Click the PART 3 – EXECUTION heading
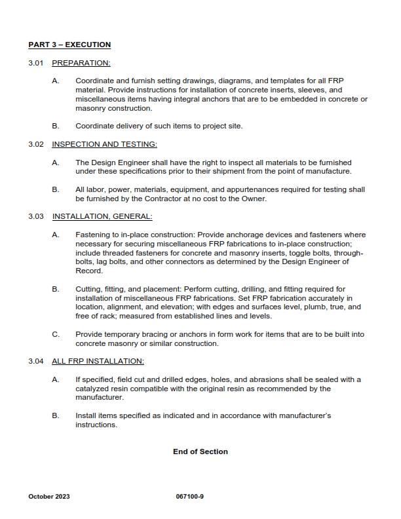[69, 45]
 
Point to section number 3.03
[36, 216]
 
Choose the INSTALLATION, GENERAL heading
[102, 216]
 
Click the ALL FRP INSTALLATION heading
[98, 361]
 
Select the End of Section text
[200, 452]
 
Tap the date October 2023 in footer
[49, 496]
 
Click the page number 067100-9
[191, 496]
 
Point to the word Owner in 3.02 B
[256, 199]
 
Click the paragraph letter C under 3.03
[55, 334]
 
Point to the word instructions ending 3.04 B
[96, 425]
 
